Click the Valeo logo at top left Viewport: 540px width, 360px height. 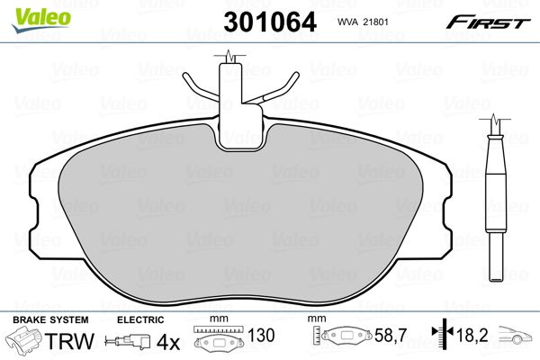point(41,20)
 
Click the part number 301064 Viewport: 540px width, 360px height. point(270,22)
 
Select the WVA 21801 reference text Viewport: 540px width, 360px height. point(363,22)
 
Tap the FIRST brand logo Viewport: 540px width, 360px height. point(488,22)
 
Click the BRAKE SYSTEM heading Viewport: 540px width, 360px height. point(50,320)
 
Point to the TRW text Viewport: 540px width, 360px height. point(69,340)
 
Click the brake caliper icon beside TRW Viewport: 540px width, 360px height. point(24,339)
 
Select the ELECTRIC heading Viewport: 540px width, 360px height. point(140,320)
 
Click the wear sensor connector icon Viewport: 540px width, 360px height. point(128,341)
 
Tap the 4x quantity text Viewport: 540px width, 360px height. point(168,342)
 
